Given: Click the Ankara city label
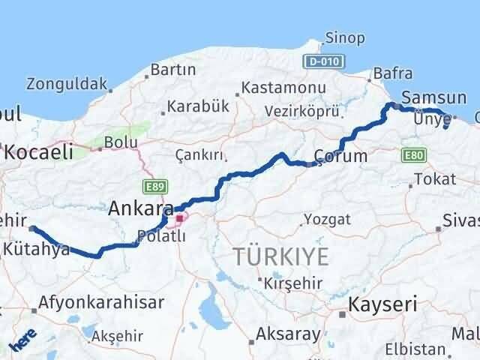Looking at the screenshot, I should click(142, 208).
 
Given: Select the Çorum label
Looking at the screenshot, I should click(341, 157).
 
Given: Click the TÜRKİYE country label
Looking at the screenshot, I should click(280, 256).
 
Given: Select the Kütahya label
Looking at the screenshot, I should click(37, 249).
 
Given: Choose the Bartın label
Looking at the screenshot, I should click(173, 70).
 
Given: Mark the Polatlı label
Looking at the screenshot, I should click(158, 237).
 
